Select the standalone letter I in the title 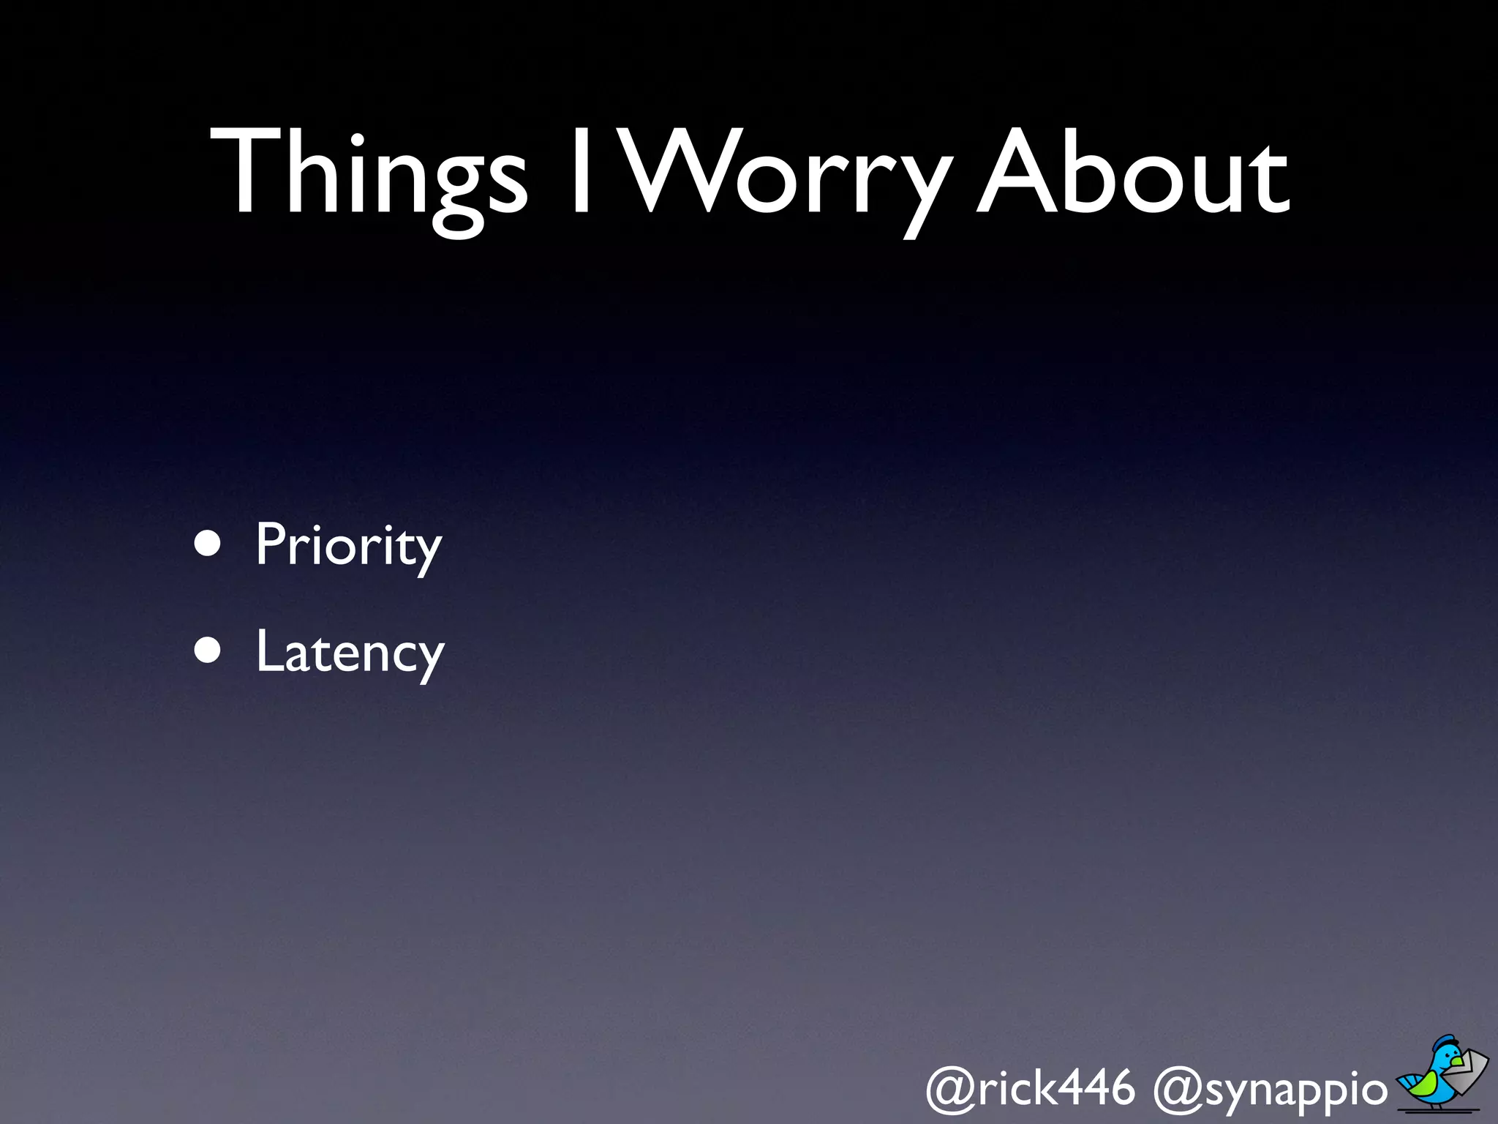click(581, 171)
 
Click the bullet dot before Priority click(208, 544)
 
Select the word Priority click(349, 546)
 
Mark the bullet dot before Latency click(208, 651)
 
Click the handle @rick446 click(1030, 1088)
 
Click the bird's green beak click(1457, 1061)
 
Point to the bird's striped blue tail click(1407, 1081)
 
